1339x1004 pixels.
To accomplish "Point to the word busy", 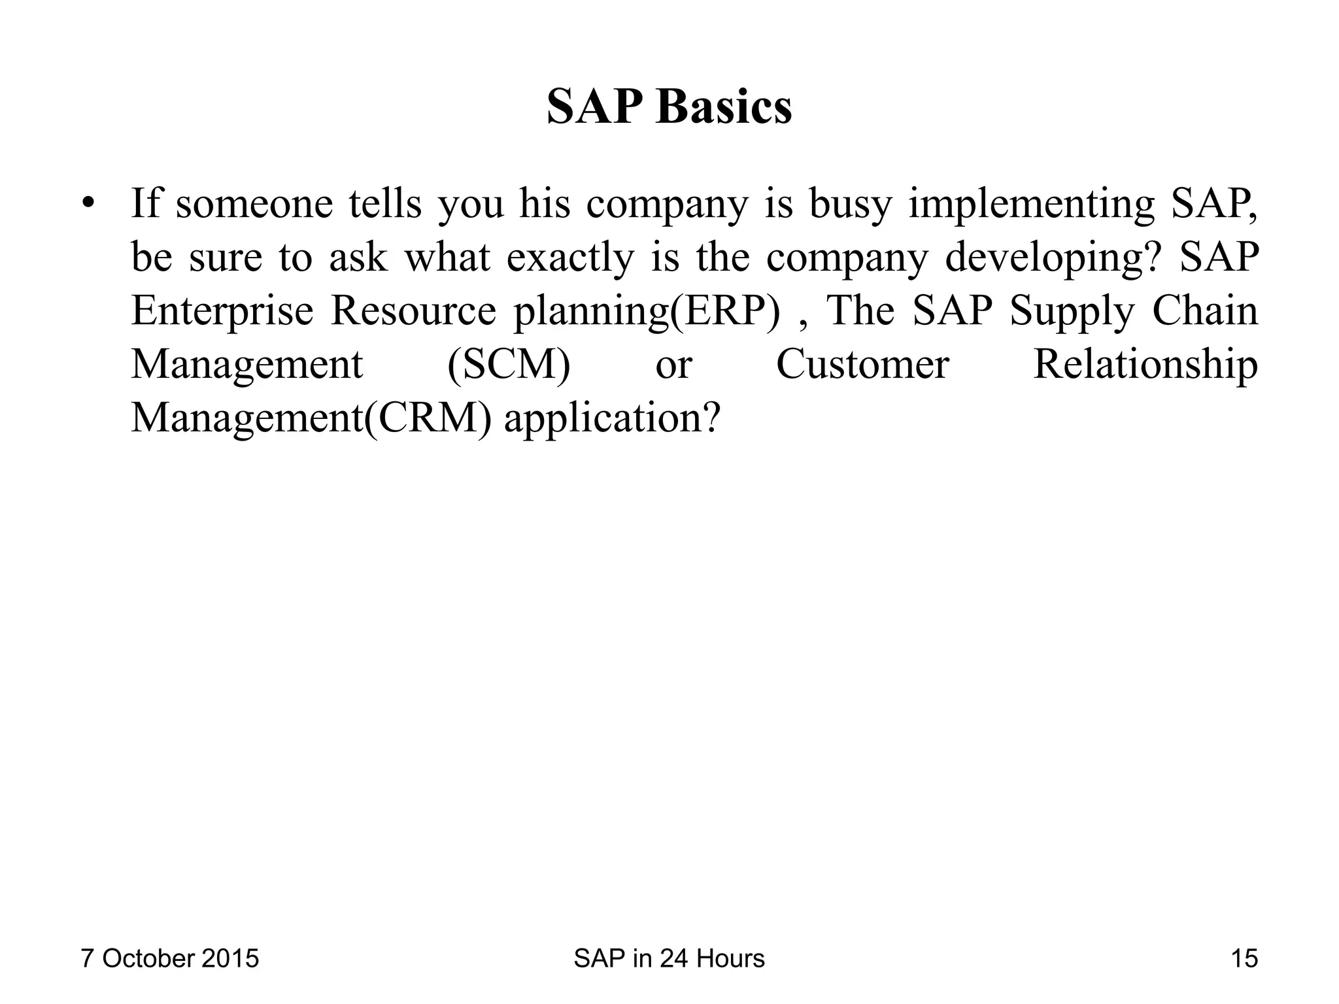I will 850,205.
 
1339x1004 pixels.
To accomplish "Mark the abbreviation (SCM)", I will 509,365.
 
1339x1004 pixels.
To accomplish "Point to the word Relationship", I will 1145,365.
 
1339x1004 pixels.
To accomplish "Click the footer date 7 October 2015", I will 169,959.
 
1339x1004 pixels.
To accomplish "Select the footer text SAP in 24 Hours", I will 669,959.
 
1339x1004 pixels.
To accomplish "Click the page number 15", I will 1244,959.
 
